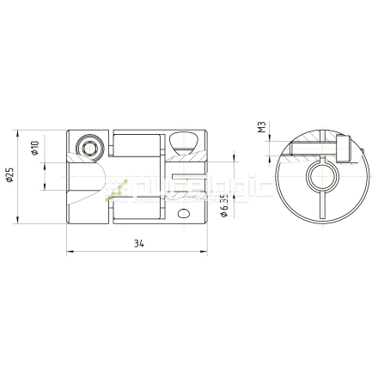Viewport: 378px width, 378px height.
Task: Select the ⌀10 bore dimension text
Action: pos(35,148)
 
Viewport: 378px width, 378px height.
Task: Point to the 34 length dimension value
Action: pos(138,243)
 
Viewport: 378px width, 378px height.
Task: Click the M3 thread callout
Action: pos(261,128)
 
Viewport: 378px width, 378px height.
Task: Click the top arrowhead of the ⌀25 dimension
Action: pos(19,132)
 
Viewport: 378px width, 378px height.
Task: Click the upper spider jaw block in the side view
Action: pos(137,145)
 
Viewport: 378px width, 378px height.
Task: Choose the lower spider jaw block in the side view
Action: pos(137,207)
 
